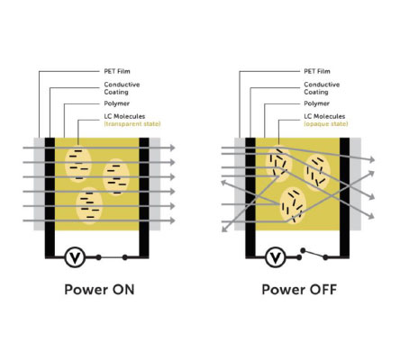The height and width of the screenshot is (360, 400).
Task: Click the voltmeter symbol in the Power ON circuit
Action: click(75, 257)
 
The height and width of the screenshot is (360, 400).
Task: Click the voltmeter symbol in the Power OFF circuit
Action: click(276, 257)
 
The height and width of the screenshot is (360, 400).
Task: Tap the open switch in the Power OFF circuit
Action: click(313, 254)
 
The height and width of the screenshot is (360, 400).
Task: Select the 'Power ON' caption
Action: click(99, 290)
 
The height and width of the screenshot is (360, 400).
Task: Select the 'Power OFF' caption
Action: click(299, 290)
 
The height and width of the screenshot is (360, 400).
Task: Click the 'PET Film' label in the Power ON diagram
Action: click(117, 71)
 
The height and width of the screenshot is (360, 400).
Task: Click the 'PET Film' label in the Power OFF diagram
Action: click(317, 71)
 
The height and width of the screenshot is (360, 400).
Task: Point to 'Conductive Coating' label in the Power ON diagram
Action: click(122, 88)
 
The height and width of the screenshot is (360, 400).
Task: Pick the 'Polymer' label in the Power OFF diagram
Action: click(317, 103)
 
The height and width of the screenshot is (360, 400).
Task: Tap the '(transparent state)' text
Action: click(132, 123)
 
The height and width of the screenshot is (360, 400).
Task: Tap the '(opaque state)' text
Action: click(326, 123)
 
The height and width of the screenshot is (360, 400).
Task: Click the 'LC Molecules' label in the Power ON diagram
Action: click(124, 116)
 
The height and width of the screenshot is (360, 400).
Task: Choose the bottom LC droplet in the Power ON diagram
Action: click(89, 206)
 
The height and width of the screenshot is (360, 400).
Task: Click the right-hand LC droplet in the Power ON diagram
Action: click(116, 177)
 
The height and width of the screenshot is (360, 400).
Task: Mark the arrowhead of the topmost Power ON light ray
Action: click(172, 148)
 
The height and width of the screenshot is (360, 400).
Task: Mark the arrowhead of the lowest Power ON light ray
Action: click(172, 220)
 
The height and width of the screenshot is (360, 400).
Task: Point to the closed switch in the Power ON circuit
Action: click(112, 257)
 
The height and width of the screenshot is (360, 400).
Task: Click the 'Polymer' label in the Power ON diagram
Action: click(117, 103)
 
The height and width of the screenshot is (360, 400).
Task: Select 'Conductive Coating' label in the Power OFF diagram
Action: click(322, 88)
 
